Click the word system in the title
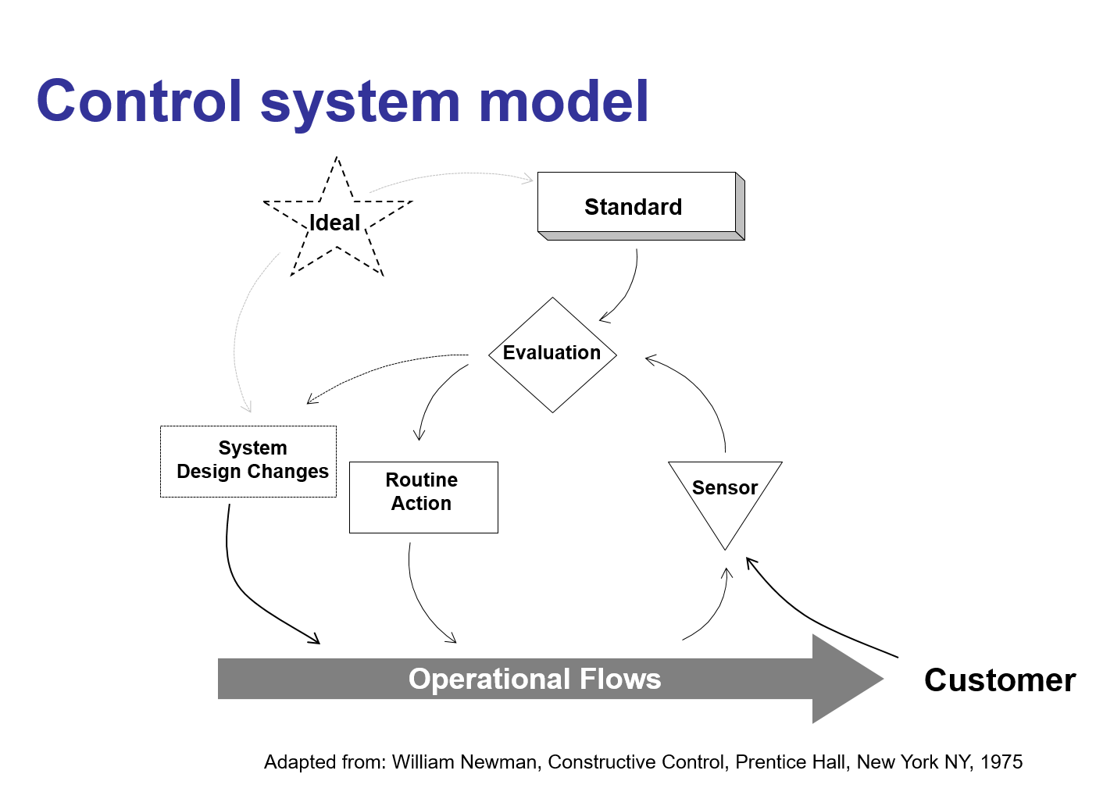[360, 104]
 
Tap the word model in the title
[563, 102]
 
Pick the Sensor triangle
[725, 496]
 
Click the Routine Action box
[423, 497]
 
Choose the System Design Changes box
[250, 461]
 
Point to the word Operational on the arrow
[479, 679]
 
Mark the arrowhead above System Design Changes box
[248, 407]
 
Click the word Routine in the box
[422, 480]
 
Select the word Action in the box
[422, 504]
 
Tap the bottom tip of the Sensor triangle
[725, 546]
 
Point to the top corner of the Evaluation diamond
[552, 301]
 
